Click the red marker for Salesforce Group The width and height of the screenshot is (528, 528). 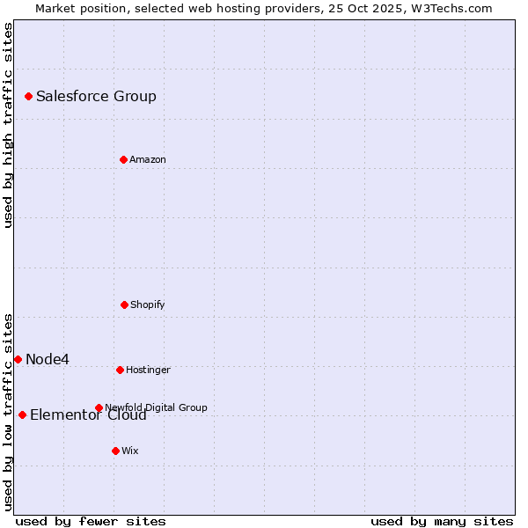(28, 96)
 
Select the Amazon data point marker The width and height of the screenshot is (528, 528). (123, 159)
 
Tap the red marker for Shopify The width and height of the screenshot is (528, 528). (124, 304)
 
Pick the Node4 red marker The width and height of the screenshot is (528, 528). (18, 359)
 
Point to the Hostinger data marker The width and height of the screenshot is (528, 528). (120, 370)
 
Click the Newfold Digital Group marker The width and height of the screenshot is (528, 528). (99, 407)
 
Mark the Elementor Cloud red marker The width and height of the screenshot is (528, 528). (22, 414)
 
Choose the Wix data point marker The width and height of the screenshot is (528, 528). (115, 451)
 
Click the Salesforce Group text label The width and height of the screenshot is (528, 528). (96, 97)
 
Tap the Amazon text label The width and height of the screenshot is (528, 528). (147, 159)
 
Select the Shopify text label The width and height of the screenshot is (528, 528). (147, 304)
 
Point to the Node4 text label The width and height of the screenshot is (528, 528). (48, 359)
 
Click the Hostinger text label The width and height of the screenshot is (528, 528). (148, 370)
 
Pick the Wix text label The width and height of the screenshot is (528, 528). (129, 451)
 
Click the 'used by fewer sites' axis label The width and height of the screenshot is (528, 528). (91, 521)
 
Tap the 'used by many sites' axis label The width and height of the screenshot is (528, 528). (442, 521)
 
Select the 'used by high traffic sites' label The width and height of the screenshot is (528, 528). (8, 125)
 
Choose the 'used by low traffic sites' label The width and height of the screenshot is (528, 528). (8, 411)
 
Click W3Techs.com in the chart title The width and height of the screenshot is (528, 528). (451, 8)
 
